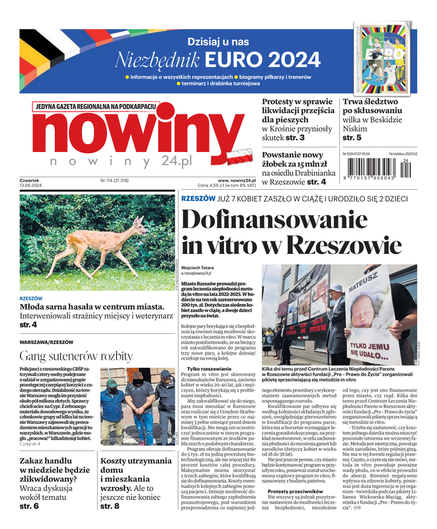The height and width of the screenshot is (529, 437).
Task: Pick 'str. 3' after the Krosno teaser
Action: [294, 138]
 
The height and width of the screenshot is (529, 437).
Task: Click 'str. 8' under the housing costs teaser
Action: [110, 506]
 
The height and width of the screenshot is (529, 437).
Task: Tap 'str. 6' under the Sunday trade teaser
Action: [29, 506]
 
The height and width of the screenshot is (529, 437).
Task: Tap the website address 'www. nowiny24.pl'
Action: [237, 180]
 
